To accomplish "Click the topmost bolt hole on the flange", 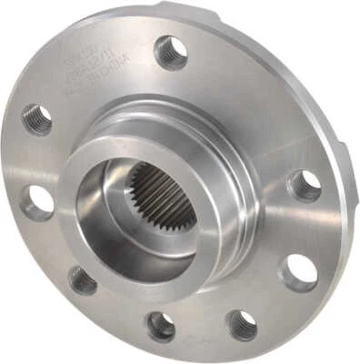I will [x=170, y=52].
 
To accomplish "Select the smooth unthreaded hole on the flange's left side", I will [x=37, y=201].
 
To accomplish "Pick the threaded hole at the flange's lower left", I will [x=83, y=280].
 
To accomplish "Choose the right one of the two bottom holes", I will [x=241, y=324].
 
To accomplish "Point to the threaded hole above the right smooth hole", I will [x=304, y=186].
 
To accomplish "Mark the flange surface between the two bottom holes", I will [x=202, y=329].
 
